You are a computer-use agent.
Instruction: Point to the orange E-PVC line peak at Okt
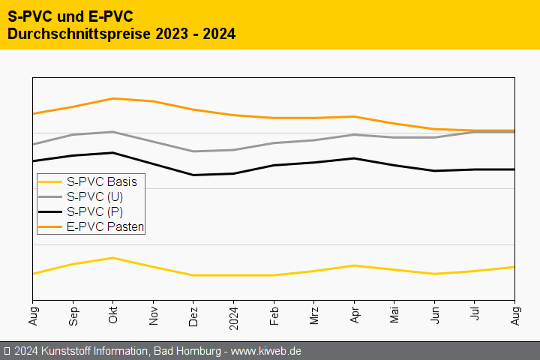click(113, 98)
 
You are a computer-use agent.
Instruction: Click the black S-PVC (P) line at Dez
click(193, 175)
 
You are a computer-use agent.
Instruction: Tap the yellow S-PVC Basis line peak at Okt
click(113, 258)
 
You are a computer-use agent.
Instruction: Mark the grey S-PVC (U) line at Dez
click(193, 151)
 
